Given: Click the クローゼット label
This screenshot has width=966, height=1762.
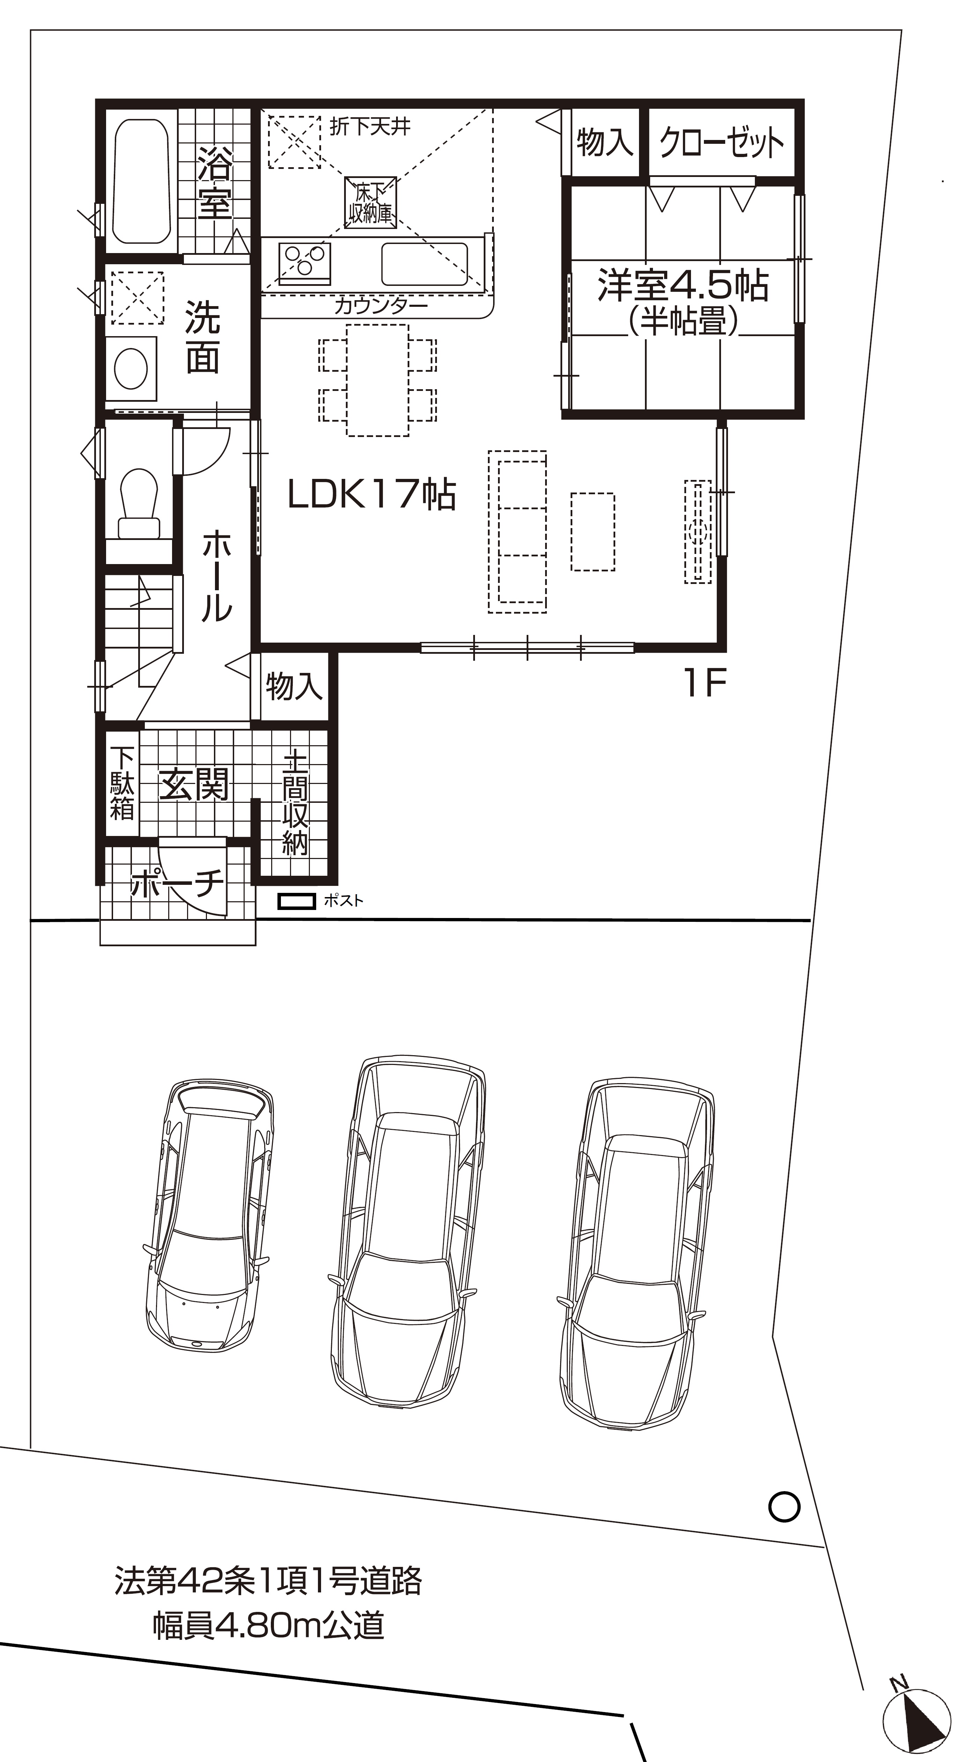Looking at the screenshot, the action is (721, 143).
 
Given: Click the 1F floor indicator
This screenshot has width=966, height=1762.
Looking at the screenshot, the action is (704, 683).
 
